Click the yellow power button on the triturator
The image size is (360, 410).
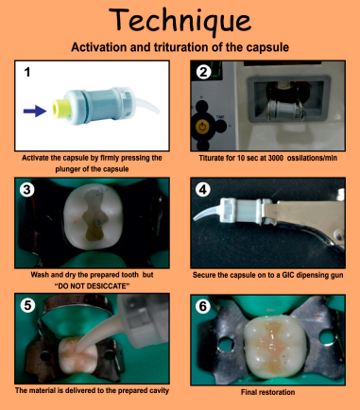point(204,122)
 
